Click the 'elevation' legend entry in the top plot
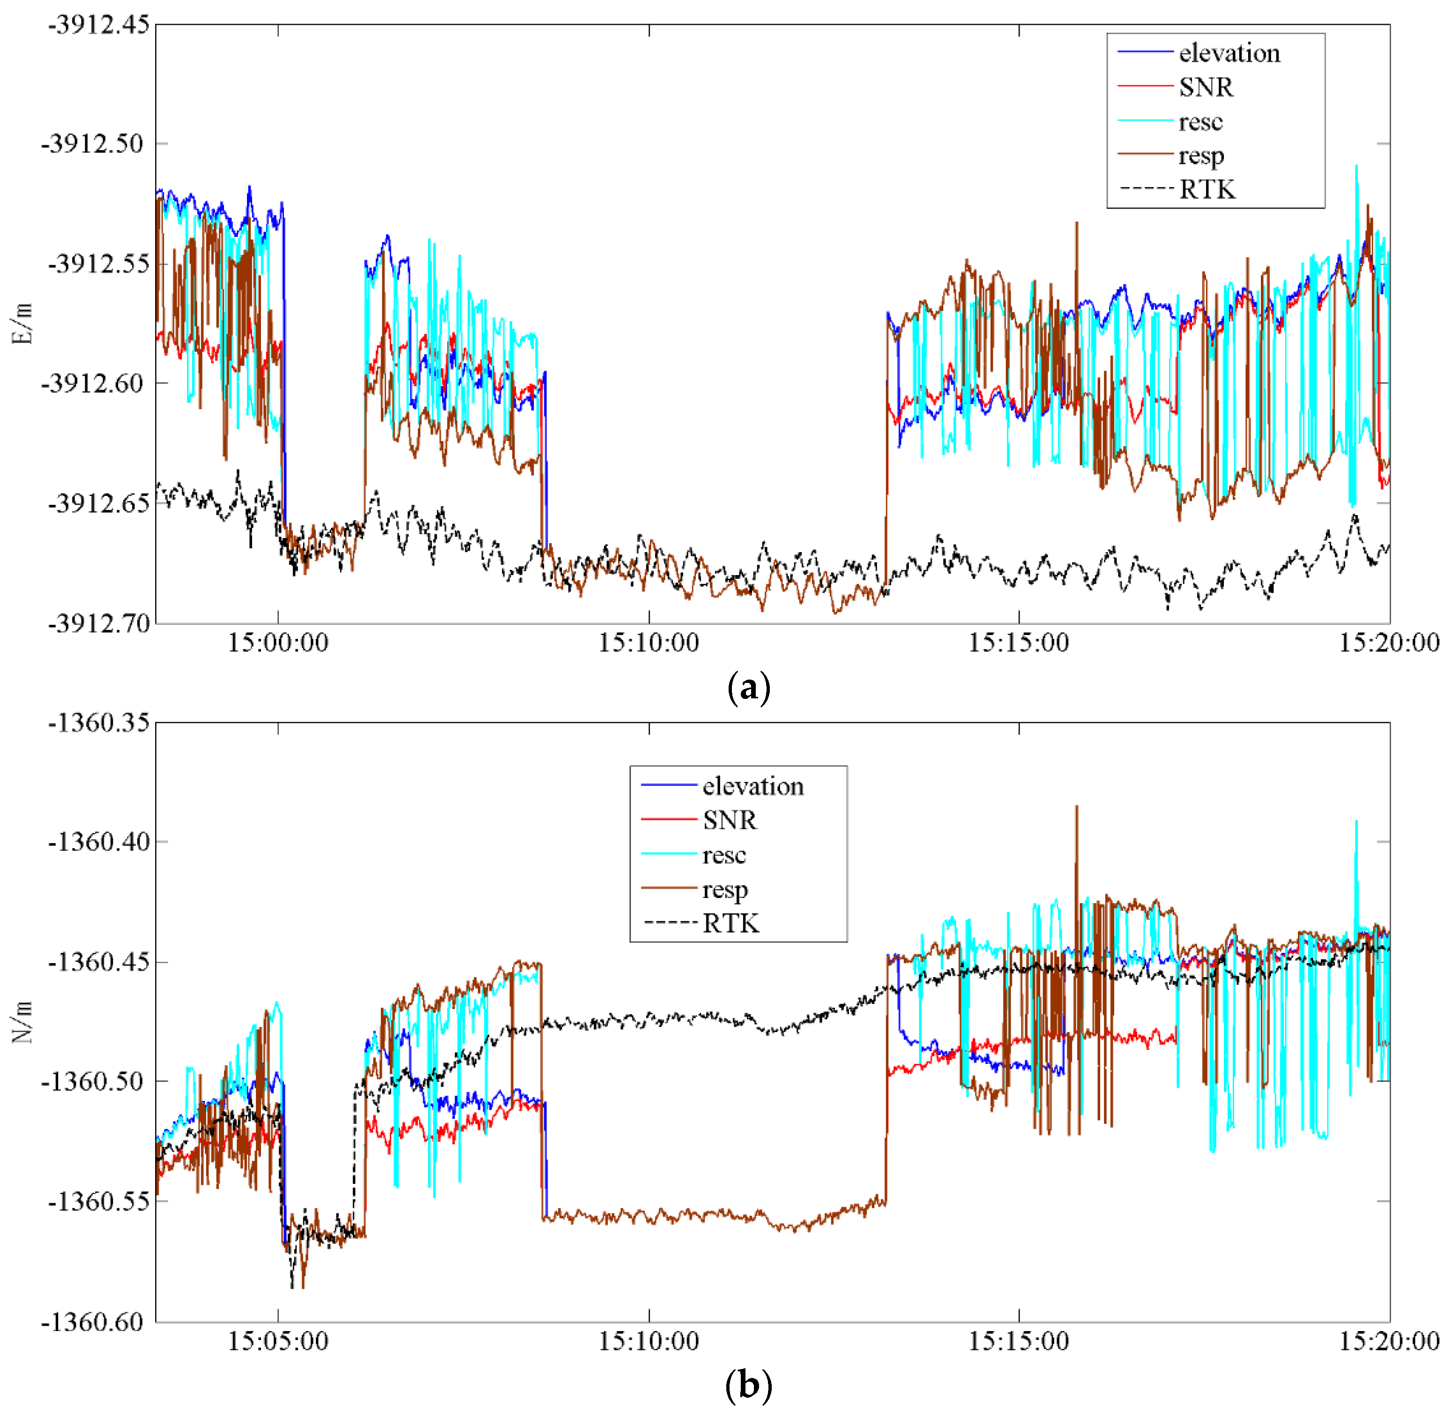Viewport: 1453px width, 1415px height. [1229, 53]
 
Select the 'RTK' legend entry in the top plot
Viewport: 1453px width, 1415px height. [1207, 190]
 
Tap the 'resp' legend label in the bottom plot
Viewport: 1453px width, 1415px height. [724, 890]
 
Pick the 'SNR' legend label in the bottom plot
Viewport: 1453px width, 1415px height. [730, 821]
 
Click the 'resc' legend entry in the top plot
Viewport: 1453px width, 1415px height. [1200, 122]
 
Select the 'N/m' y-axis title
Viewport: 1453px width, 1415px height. [23, 1022]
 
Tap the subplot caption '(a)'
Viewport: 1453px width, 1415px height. [748, 688]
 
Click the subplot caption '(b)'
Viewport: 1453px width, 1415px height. [748, 1385]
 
